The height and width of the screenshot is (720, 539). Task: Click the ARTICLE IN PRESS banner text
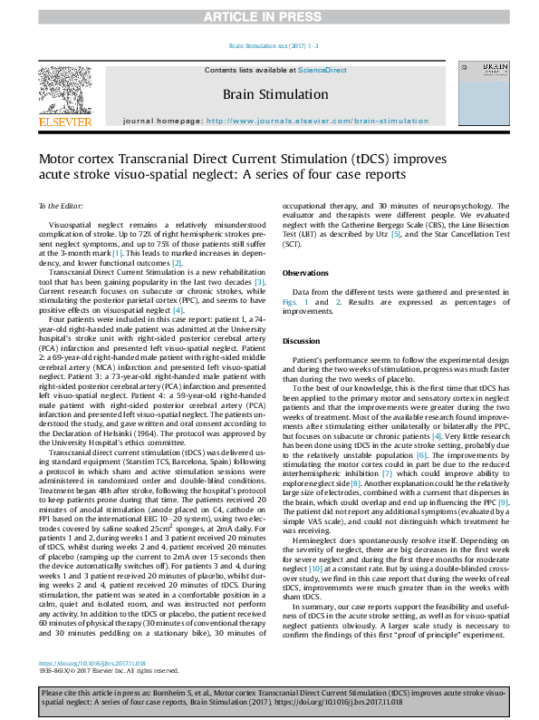point(269,16)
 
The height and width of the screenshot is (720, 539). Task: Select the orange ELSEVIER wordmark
point(64,121)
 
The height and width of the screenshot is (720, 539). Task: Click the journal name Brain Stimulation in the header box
point(263,93)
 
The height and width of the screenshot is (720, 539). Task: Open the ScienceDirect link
point(322,69)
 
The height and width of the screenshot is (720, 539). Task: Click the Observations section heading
point(305,272)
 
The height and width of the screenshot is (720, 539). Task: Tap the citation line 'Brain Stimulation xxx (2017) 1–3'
point(269,45)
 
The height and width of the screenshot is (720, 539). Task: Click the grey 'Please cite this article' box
point(269,696)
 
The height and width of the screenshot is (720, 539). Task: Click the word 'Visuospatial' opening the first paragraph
point(72,221)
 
